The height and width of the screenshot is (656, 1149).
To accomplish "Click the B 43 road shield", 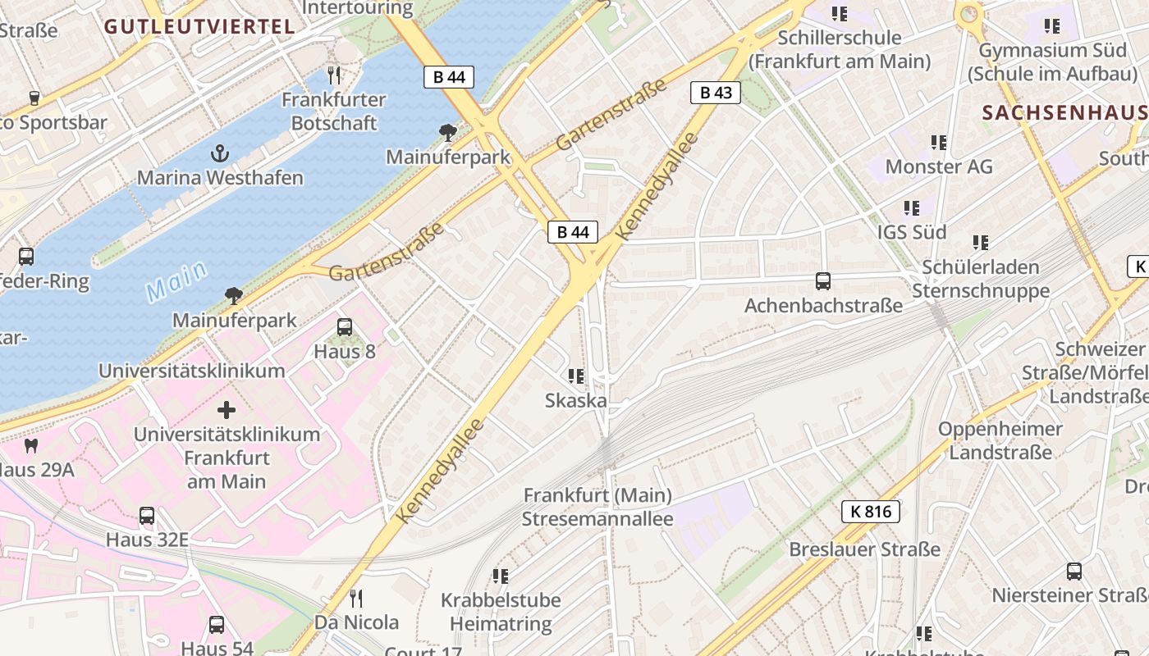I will [x=716, y=93].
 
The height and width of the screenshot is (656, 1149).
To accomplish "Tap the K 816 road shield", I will [x=871, y=512].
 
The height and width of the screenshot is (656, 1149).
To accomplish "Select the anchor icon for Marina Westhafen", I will [x=219, y=153].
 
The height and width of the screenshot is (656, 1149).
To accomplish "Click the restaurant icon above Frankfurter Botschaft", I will [x=333, y=75].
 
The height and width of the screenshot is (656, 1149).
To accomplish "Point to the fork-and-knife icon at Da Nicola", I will [x=355, y=598].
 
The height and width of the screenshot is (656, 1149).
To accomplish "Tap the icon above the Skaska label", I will [x=576, y=376].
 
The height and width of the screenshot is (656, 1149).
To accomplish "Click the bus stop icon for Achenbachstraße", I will [x=823, y=281].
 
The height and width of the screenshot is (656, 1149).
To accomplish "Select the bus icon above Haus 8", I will [x=345, y=327].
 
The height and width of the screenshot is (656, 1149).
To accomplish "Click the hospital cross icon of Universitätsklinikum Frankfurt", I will [x=227, y=410].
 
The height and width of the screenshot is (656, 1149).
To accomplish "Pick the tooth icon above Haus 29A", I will [x=32, y=446].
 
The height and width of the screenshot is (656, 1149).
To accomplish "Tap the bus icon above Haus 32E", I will [x=147, y=516].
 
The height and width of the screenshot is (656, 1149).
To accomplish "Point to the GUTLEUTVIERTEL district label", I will [x=199, y=26].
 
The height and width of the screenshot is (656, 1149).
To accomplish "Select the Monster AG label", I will [x=939, y=166].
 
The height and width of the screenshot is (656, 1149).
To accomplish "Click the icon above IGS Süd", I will [x=912, y=208].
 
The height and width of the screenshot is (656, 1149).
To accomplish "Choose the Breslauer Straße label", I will [x=865, y=549].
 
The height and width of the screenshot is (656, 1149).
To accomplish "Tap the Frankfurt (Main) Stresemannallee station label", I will [x=597, y=507].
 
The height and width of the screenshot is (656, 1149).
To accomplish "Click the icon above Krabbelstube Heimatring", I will [x=501, y=576].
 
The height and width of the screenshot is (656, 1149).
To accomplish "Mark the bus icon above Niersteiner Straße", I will [x=1074, y=571].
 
